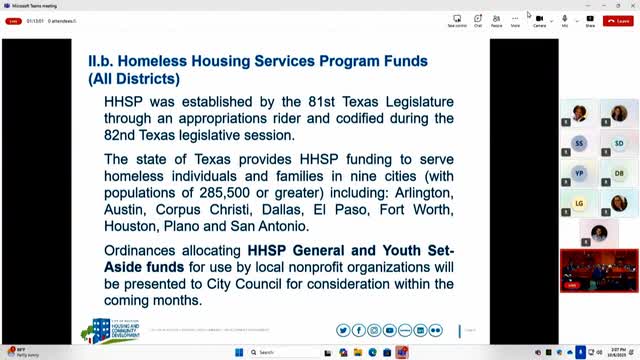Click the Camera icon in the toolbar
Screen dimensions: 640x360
[x=539, y=19]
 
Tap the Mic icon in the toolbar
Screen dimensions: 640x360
[x=565, y=19]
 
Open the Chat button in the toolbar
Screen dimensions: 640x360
[x=478, y=19]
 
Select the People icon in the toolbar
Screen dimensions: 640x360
[x=497, y=19]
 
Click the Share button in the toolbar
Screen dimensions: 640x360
[x=589, y=19]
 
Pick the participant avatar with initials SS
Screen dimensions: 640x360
[x=580, y=143]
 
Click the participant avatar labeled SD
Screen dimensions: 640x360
[x=619, y=143]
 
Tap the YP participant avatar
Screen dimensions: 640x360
[x=580, y=172]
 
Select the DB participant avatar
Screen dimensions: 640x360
[x=619, y=172]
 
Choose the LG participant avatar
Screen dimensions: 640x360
[x=580, y=202]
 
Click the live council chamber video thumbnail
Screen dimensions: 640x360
[x=599, y=270]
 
